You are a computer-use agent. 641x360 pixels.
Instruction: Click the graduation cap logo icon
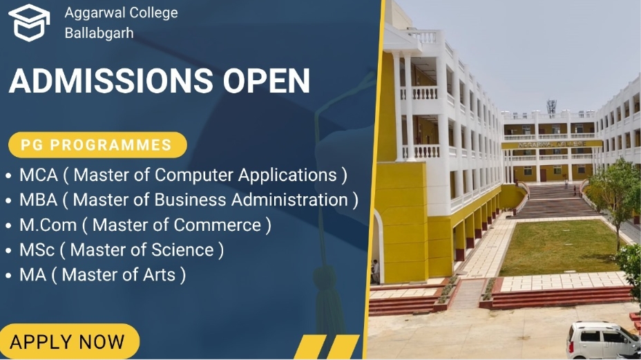pos(29,23)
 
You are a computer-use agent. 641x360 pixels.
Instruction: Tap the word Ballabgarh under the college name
pos(99,33)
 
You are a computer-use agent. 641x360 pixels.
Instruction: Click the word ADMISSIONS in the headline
pos(111,81)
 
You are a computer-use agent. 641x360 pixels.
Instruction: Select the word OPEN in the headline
pos(267,81)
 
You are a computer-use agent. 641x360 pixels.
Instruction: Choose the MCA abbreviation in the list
pos(39,175)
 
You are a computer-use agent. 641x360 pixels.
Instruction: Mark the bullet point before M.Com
pos(8,226)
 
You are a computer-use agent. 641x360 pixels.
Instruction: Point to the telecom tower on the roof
pos(551,106)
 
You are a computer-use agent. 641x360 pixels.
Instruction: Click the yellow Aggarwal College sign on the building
pos(552,144)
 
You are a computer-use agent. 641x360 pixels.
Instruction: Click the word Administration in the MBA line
pos(290,200)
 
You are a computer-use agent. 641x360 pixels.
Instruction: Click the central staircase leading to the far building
pos(555,202)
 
